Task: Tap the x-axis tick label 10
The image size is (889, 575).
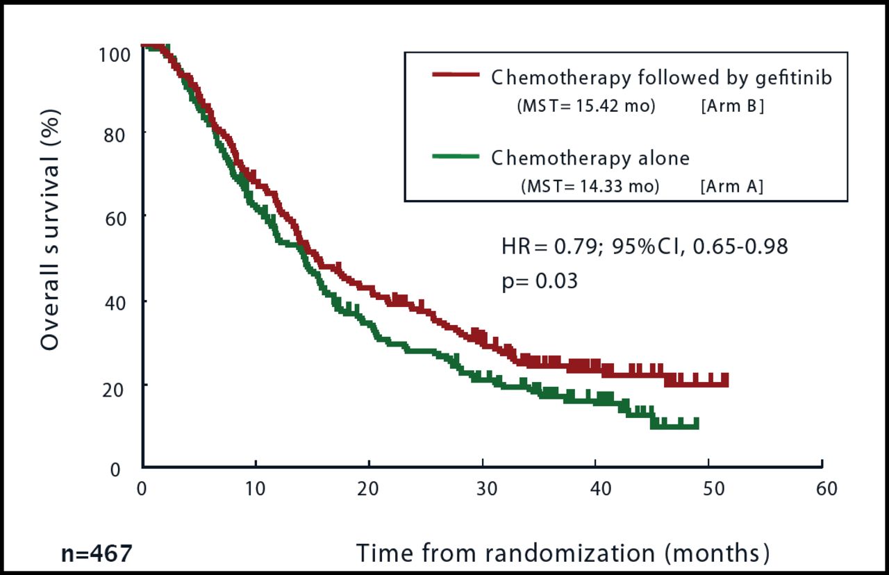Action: pos(256,488)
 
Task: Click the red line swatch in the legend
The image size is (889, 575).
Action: pos(456,75)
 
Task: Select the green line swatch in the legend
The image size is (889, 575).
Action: pos(456,156)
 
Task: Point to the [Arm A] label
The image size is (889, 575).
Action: pos(732,187)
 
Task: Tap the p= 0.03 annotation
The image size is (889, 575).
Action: pos(540,282)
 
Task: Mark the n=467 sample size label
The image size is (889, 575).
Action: pos(97,555)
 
